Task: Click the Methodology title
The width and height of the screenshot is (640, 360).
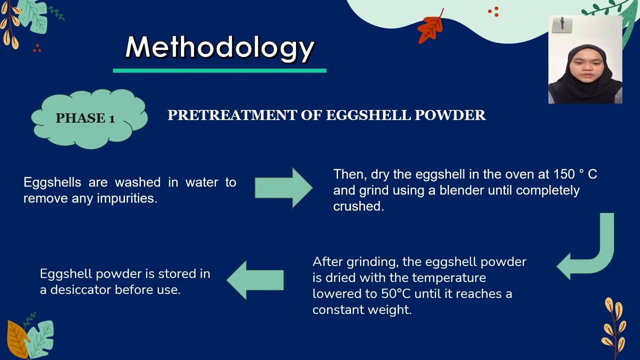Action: pyautogui.click(x=219, y=47)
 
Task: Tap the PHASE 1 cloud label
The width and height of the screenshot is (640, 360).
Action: pyautogui.click(x=85, y=118)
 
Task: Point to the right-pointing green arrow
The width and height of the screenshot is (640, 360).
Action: pyautogui.click(x=283, y=188)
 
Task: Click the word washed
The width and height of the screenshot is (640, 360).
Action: pyautogui.click(x=137, y=182)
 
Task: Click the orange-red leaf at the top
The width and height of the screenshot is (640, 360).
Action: pyautogui.click(x=430, y=27)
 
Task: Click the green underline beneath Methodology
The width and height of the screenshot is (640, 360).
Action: pyautogui.click(x=219, y=70)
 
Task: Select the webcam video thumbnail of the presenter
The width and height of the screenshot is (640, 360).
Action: pyautogui.click(x=585, y=59)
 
